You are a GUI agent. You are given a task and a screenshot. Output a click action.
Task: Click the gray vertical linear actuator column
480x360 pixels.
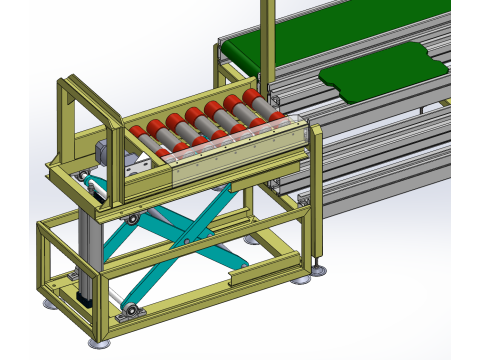[88, 250]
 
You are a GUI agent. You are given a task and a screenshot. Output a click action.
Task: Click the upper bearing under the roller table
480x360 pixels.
[131, 218]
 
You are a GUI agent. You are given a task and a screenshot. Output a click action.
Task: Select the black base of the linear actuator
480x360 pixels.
[84, 297]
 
